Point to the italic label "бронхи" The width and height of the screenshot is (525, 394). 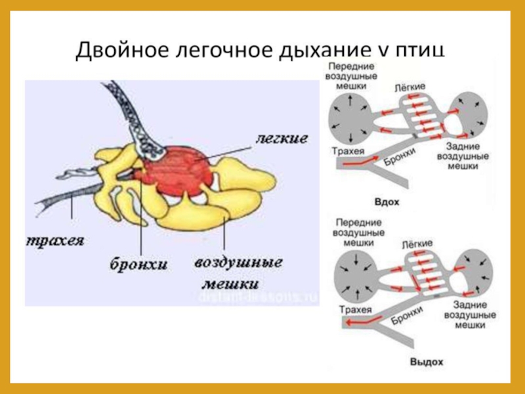pos(139,264)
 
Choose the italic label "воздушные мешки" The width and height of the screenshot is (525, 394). pos(238,273)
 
